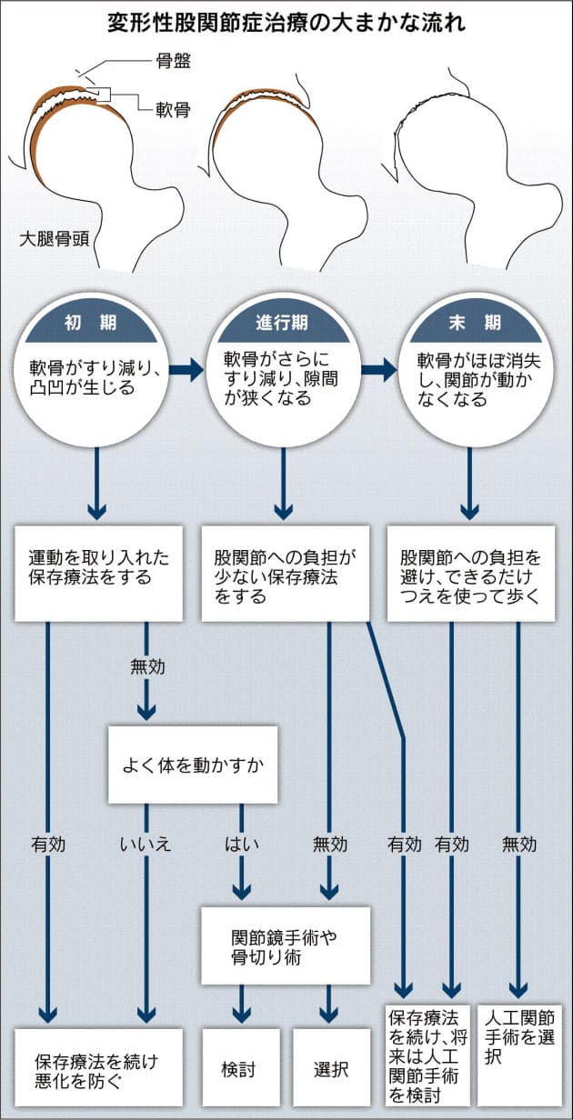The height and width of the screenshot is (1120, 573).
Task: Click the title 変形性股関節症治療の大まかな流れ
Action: coord(286,22)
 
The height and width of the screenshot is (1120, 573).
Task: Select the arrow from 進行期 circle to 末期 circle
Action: coord(378,369)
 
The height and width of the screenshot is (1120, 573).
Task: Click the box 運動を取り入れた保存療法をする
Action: coord(98,567)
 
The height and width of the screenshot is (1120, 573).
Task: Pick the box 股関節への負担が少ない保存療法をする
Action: coord(284,574)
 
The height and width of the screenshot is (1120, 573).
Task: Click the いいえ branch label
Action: coord(145,845)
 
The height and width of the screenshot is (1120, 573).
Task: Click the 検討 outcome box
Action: coord(239,1069)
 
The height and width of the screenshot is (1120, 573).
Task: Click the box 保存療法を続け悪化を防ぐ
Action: coord(98,1069)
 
